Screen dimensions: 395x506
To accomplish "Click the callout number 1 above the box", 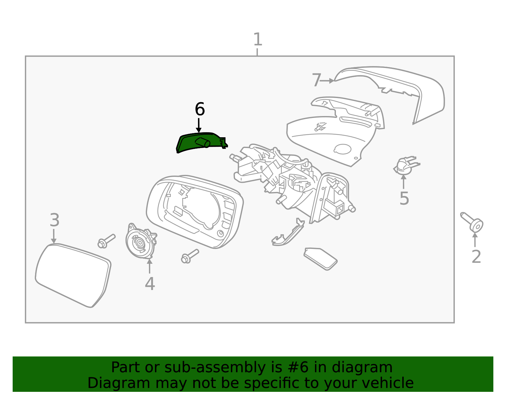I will point(258,40).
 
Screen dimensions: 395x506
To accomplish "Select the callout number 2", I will point(476,256).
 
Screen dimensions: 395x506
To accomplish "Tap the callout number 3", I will point(54,220).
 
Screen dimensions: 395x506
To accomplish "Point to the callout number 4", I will point(150,284).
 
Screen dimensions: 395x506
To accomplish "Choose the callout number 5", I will point(404,198).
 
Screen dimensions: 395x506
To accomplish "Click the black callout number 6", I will point(200,109).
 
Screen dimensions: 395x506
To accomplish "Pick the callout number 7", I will point(316,80).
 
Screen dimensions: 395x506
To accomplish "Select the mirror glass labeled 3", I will point(73,275).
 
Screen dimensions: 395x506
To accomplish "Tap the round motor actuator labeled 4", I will point(140,242).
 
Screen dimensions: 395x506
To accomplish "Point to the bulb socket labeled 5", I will point(405,166).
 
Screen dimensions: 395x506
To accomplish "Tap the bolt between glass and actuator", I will point(106,241).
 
